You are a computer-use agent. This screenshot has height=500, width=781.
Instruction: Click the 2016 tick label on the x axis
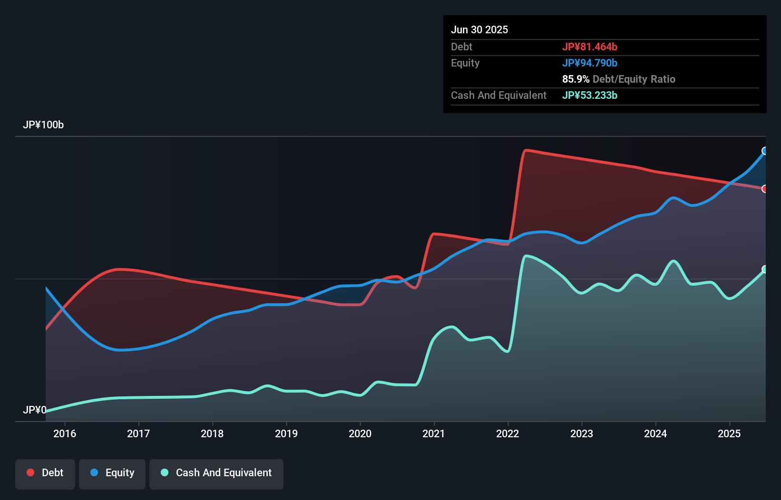(65, 433)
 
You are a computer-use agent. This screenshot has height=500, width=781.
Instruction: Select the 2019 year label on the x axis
(286, 433)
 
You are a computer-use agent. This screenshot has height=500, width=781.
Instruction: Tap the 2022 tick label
(508, 433)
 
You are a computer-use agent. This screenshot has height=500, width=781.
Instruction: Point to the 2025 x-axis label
(729, 433)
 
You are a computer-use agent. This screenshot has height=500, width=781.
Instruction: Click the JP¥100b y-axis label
(43, 125)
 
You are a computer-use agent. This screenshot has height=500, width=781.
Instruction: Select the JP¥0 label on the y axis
(34, 410)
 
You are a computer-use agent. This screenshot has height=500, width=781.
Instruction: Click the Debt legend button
(45, 473)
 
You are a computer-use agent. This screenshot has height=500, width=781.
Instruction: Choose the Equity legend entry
(112, 473)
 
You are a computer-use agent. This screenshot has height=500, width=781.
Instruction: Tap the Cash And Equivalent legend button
(216, 473)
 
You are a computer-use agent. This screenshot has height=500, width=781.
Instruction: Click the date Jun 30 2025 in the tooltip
(479, 29)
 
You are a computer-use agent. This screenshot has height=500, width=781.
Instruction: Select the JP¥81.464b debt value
(590, 47)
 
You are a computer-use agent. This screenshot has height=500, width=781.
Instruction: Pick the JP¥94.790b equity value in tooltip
(590, 63)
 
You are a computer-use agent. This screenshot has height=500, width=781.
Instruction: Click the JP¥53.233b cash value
(590, 95)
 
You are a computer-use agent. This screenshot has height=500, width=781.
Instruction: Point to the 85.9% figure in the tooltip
(576, 79)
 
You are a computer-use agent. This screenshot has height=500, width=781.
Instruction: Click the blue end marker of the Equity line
(765, 151)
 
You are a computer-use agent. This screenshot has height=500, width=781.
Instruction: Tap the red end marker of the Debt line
(765, 189)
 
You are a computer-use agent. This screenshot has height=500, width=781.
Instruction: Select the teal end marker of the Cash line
(765, 269)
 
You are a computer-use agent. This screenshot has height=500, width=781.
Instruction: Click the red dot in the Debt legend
(30, 472)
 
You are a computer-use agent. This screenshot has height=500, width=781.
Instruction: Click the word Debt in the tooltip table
(461, 47)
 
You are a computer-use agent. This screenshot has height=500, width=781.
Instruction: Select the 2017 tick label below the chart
(138, 433)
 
